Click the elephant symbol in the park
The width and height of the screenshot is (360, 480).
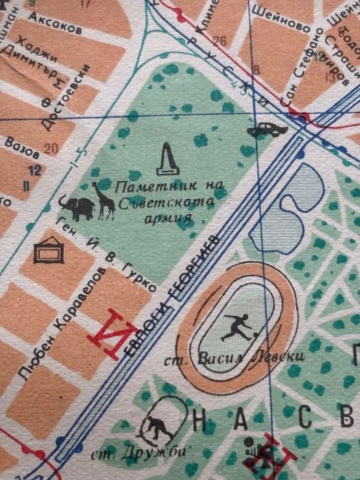[x=76, y=207]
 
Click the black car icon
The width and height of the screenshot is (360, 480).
[x=267, y=129]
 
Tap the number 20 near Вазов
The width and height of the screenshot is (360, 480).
[x=51, y=147]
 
